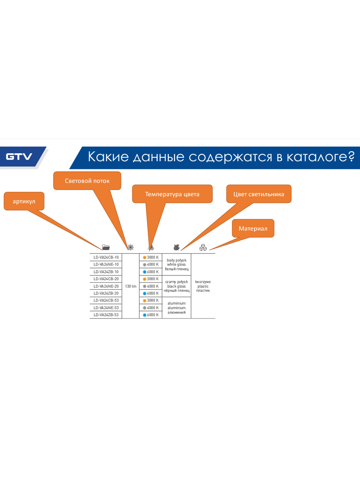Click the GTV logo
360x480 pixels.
(19, 157)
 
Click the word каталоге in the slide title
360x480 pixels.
(320, 157)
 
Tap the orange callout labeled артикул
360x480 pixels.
(24, 201)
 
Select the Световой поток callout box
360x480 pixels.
(87, 181)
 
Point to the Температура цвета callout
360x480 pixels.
(172, 194)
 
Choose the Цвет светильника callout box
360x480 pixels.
(259, 194)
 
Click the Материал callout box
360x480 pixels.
(253, 228)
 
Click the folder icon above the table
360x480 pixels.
(106, 247)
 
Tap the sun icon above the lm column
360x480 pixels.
(131, 247)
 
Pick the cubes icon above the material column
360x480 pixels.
(203, 248)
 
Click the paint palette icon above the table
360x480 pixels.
(176, 248)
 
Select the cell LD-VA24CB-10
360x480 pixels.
(106, 257)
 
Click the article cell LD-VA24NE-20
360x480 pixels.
(106, 286)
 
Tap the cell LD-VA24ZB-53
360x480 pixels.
(106, 315)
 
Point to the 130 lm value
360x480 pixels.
(131, 286)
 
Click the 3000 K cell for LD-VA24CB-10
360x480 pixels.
(151, 257)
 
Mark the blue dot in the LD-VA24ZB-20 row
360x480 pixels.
(144, 293)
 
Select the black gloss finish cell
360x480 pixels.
(176, 286)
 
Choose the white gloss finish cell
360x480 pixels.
(176, 265)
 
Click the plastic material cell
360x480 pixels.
(203, 286)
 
